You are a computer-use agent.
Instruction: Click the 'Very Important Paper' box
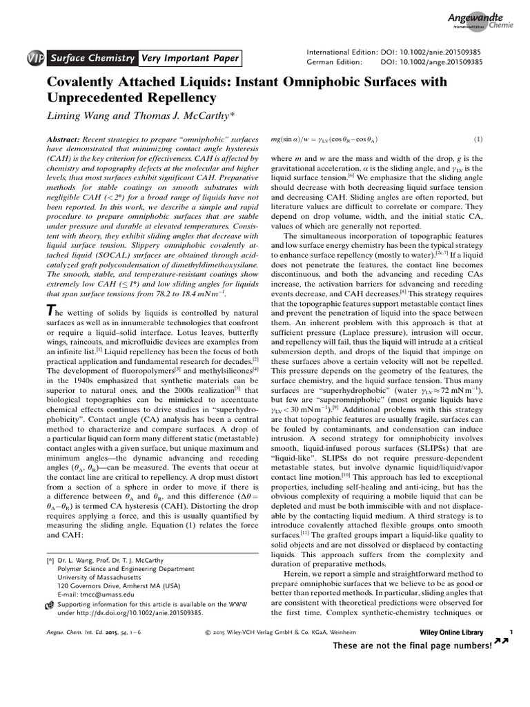pyautogui.click(x=190, y=58)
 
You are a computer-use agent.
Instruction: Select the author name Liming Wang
pyautogui.click(x=81, y=113)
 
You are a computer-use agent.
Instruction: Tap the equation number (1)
pyautogui.click(x=478, y=139)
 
